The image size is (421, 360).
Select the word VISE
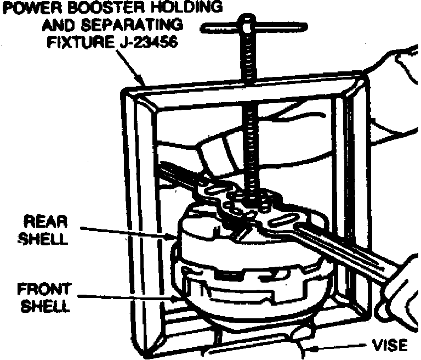(390, 346)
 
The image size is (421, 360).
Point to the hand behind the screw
(219, 151)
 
